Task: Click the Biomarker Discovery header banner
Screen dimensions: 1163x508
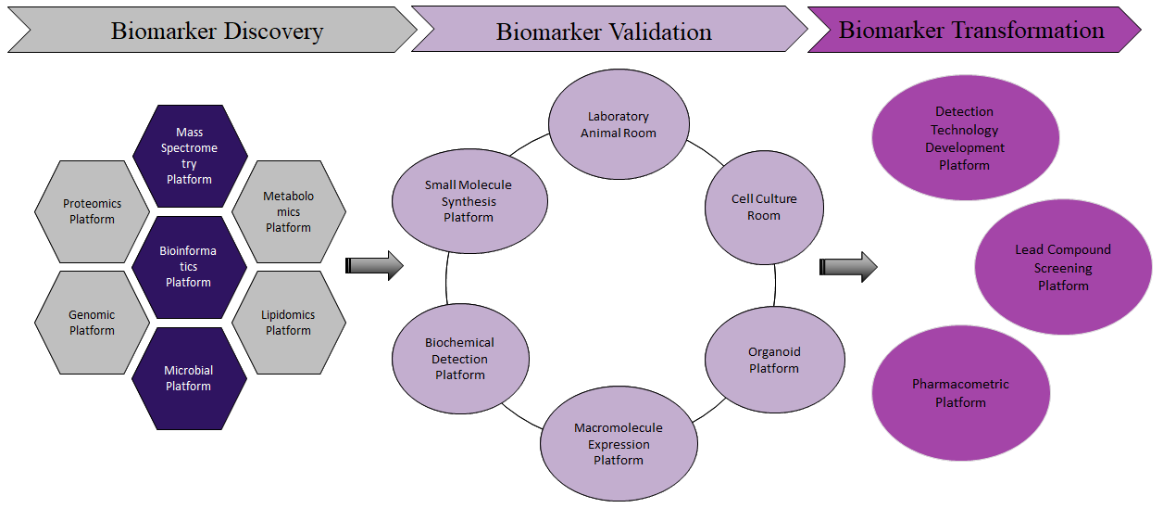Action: (213, 30)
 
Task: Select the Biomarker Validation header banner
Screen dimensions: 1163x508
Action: (609, 29)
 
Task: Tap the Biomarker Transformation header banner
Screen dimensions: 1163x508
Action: (974, 30)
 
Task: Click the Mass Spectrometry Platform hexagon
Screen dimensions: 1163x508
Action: (190, 156)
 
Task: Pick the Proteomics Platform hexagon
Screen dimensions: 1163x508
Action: (92, 211)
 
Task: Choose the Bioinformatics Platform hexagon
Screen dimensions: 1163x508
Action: (189, 267)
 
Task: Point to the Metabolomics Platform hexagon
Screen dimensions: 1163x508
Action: (289, 211)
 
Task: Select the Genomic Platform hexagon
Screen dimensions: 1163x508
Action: (92, 323)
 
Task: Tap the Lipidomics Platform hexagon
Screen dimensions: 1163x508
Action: (289, 323)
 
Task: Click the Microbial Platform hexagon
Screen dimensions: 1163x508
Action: (189, 378)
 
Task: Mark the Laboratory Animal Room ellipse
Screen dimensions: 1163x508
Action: (619, 124)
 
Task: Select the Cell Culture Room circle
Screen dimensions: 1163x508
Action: (764, 208)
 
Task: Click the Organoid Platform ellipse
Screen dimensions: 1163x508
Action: (775, 360)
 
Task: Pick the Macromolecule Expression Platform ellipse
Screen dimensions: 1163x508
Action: (619, 443)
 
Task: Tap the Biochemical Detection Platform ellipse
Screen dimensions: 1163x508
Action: (460, 359)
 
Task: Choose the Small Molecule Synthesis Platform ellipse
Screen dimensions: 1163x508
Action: (469, 201)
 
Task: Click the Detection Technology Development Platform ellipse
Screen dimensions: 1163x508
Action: (965, 138)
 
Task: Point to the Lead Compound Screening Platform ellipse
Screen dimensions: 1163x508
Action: (1063, 267)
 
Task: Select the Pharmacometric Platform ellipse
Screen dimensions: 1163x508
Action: (961, 393)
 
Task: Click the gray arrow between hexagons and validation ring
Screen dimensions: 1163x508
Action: (374, 266)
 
